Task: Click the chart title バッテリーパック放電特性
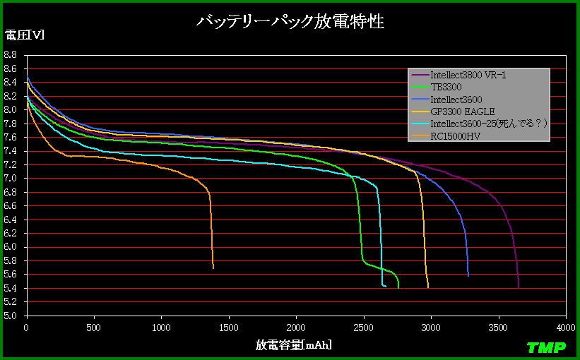pos(290,22)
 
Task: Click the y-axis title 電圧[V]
pos(24,36)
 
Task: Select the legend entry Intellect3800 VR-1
pos(467,75)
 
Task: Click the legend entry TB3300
pos(446,87)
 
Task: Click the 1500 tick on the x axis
pos(229,328)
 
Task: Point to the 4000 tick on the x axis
pos(565,328)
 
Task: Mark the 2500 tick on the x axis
pos(363,328)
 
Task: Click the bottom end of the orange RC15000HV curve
pos(213,268)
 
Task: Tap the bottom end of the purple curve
pos(519,287)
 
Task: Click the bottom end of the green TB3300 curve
pos(398,287)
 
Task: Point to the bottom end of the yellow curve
pos(428,287)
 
